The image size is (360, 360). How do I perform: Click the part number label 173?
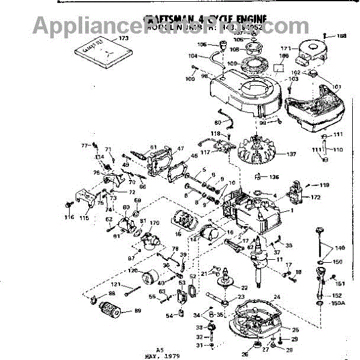tap(124, 38)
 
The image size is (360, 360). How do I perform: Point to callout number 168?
tap(341, 36)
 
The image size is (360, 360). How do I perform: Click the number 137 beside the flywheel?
tap(275, 154)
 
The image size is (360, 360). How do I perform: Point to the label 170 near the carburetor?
tap(155, 223)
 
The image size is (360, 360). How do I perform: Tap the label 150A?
tap(338, 304)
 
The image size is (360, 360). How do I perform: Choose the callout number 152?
tap(337, 295)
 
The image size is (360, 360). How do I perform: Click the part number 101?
tap(336, 86)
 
